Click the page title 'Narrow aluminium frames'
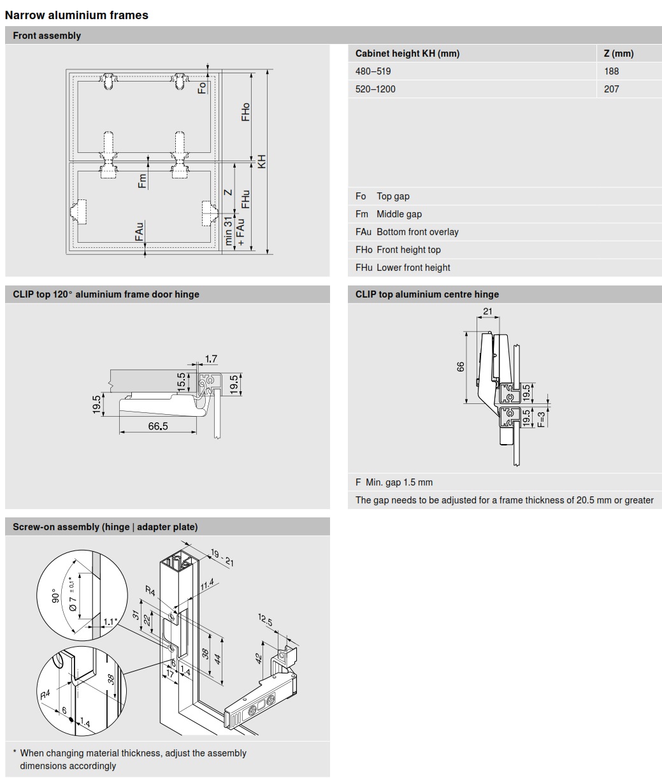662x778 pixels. click(76, 15)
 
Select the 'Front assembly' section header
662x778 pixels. click(47, 36)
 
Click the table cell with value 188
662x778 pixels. click(611, 71)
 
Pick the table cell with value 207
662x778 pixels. click(611, 89)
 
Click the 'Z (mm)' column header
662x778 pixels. click(618, 54)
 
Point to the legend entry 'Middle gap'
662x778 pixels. click(398, 214)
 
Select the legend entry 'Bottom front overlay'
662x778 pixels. click(417, 232)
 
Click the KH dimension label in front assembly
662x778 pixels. click(262, 162)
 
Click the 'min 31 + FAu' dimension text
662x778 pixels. click(234, 231)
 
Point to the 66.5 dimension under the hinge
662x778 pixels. click(158, 426)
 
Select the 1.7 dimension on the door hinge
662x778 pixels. click(211, 359)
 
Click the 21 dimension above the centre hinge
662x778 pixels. click(487, 311)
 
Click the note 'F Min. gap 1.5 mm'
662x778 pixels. click(394, 482)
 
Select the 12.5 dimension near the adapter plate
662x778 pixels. click(266, 621)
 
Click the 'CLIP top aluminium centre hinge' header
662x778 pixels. click(427, 294)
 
